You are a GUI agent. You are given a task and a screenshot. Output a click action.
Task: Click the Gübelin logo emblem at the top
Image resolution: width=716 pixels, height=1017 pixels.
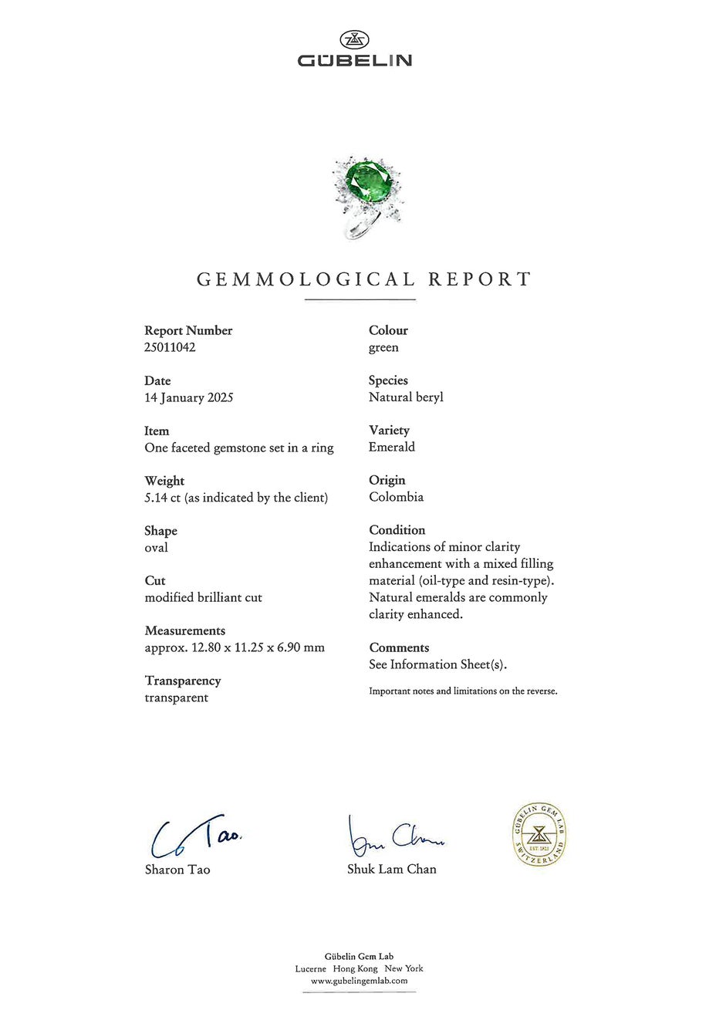pos(354,40)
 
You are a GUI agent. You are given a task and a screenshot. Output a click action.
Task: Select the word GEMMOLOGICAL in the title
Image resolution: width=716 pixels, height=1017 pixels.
pos(306,279)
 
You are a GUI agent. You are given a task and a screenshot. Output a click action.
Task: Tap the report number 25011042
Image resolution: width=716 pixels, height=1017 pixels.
pos(170,347)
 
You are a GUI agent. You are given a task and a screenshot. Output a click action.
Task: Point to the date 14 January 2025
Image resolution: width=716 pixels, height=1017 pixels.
pos(188,397)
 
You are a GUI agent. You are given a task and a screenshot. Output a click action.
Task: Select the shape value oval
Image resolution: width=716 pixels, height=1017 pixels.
pos(156,548)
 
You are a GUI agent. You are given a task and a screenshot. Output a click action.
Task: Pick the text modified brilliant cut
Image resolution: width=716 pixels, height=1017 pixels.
pos(203,597)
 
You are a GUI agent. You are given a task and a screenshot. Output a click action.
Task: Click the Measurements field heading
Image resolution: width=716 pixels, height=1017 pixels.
pos(184,630)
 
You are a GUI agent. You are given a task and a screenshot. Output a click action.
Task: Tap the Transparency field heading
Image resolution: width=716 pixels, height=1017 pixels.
pos(182,681)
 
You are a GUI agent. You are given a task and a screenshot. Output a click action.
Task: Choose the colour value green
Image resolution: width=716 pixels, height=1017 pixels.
pos(383,347)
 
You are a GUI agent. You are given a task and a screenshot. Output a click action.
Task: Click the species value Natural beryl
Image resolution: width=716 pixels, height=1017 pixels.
pos(406,397)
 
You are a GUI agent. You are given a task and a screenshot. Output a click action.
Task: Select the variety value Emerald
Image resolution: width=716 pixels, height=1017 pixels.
pos(391,447)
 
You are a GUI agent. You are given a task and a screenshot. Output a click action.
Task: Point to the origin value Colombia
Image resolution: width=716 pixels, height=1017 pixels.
pos(396,497)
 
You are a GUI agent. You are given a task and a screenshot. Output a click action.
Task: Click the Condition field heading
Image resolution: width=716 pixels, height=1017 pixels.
pos(397,530)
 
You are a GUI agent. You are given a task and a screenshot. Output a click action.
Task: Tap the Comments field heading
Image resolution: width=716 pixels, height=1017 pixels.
pos(398,647)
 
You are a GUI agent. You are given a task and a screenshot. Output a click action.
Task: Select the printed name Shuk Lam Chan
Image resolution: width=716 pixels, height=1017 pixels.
pos(391,869)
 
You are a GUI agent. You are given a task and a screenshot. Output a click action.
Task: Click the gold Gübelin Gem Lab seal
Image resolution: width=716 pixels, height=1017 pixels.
pos(540,834)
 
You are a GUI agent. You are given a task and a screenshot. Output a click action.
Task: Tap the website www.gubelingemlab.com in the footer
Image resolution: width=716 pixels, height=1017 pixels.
pos(359,981)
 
